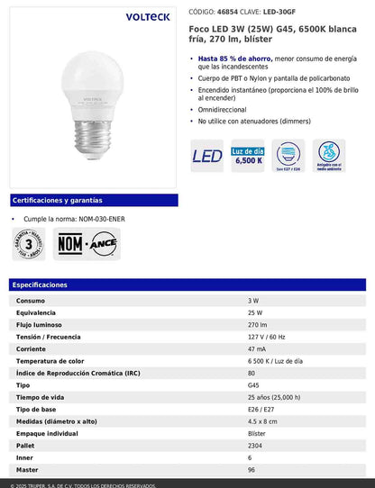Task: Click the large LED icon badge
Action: pos(207,157)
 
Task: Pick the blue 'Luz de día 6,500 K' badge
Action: pos(249,157)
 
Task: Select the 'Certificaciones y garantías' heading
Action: pos(57,200)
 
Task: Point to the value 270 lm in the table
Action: pos(257,324)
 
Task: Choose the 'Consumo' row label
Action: pos(31,300)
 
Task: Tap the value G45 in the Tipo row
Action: pos(253,384)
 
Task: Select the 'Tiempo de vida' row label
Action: pos(41,397)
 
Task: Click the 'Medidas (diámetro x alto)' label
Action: pos(57,420)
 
